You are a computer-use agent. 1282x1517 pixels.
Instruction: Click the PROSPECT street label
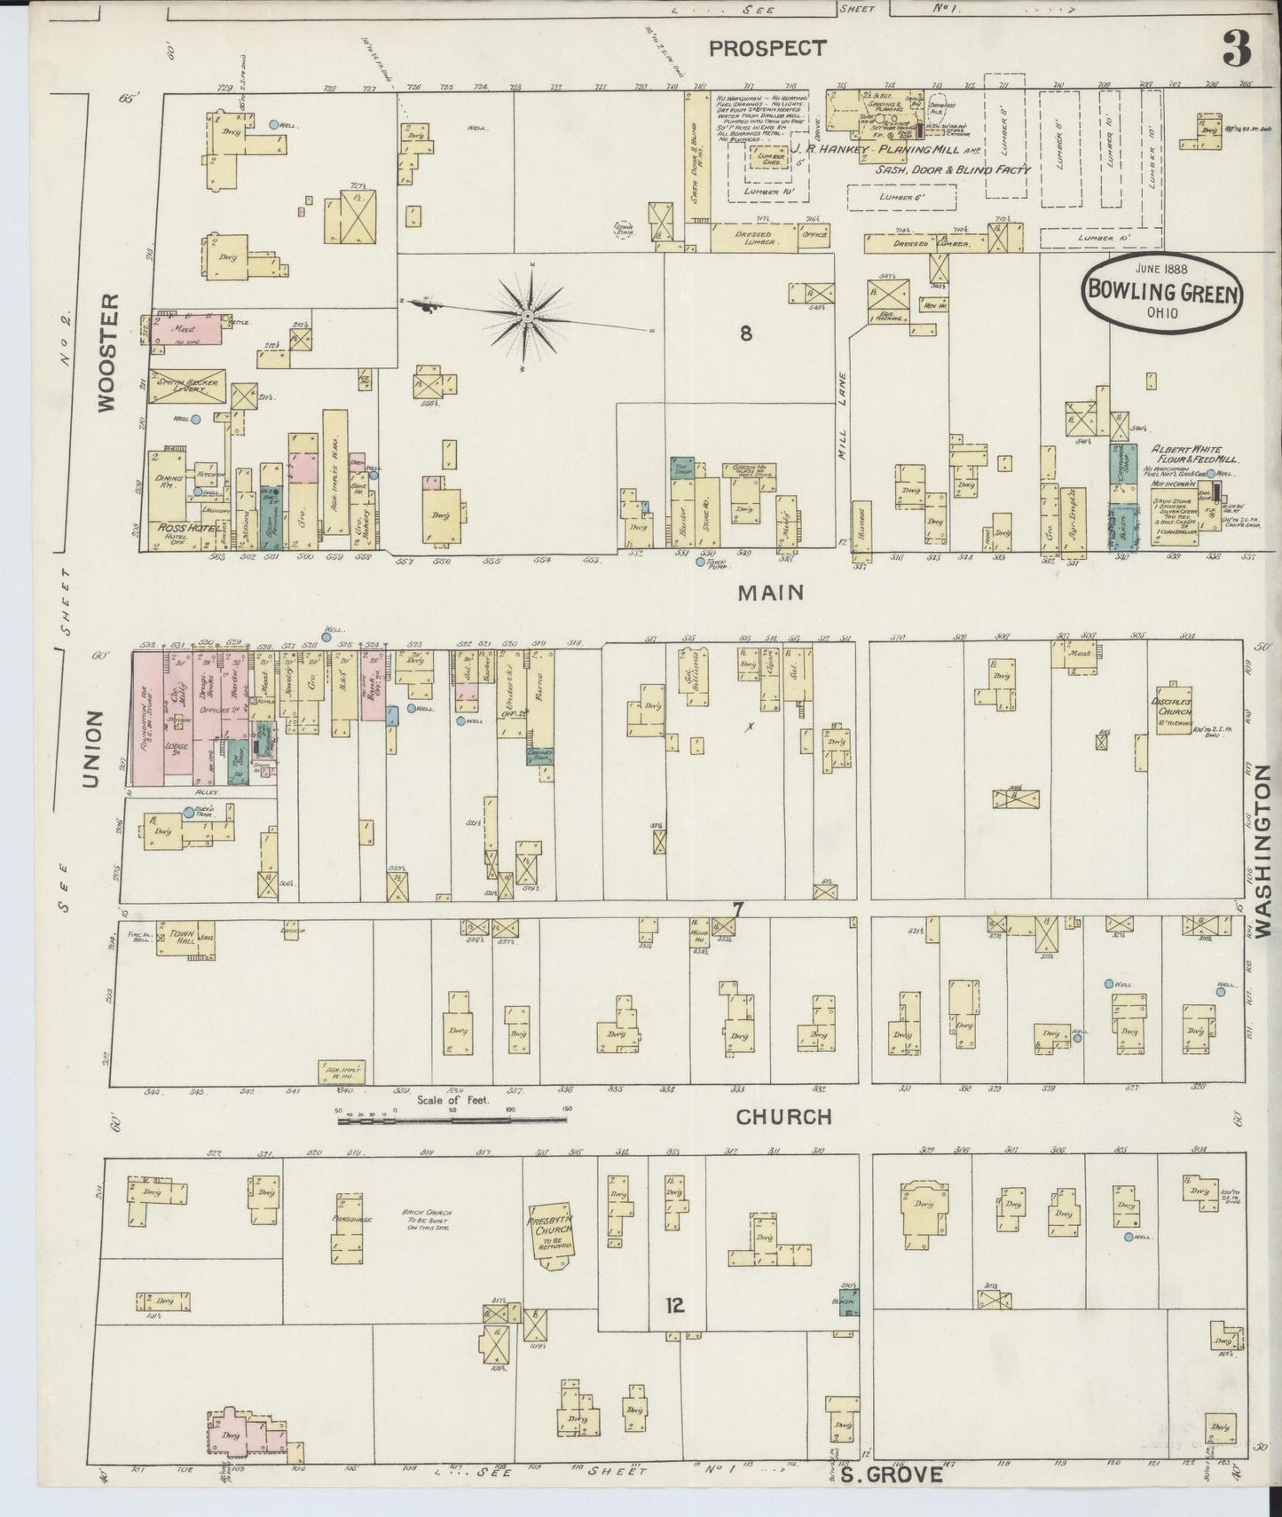(x=768, y=48)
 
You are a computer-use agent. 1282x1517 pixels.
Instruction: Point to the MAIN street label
(x=772, y=593)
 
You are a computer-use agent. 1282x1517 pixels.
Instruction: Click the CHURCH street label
(x=783, y=1117)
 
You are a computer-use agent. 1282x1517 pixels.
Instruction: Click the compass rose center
(x=528, y=317)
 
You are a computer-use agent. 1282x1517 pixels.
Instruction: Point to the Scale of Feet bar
(x=452, y=1120)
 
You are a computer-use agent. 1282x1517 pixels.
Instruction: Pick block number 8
(x=745, y=334)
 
